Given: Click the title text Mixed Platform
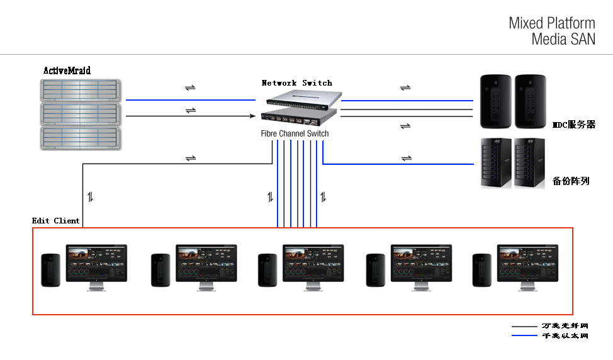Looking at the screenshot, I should (x=552, y=23).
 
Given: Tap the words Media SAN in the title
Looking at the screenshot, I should (x=563, y=39).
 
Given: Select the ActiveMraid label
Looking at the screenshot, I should (x=67, y=70).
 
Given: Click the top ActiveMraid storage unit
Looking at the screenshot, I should (x=81, y=89).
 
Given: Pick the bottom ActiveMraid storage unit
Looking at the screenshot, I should (x=81, y=138).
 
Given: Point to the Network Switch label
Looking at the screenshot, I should (x=296, y=83).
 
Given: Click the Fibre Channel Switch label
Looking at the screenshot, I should (x=295, y=133).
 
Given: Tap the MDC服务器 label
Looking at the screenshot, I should (x=573, y=125).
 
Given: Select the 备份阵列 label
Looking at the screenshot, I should (x=570, y=181).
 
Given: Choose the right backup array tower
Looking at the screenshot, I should (x=529, y=162).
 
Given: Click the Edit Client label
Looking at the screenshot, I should (x=56, y=221).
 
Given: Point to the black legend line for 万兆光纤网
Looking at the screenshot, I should (x=524, y=327).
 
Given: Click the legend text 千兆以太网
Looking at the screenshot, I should (x=565, y=336).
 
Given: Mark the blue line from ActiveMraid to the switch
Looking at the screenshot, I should (x=189, y=99).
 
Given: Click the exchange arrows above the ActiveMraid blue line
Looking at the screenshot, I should (x=190, y=87).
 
